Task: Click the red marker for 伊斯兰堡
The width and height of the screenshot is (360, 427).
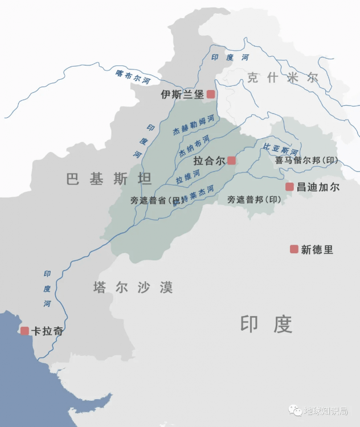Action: [x=211, y=95]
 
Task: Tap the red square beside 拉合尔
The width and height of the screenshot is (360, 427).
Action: [x=231, y=161]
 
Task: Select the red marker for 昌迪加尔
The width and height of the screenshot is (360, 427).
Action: [x=289, y=187]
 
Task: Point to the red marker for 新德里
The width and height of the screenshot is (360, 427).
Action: [x=294, y=249]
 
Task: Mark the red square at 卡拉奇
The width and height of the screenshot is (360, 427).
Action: [x=24, y=331]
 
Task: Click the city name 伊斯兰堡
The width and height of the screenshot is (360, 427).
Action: [x=182, y=95]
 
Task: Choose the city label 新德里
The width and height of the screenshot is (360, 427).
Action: [x=317, y=249]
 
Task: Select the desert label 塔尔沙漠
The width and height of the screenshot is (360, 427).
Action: [x=133, y=288]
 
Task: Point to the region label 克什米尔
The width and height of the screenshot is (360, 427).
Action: [x=283, y=78]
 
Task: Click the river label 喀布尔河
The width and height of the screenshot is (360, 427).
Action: [x=133, y=77]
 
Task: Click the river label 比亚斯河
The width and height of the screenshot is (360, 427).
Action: [x=281, y=149]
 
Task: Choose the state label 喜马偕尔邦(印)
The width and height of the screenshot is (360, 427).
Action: [x=306, y=161]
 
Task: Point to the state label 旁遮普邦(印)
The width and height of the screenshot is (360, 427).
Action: [x=254, y=199]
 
